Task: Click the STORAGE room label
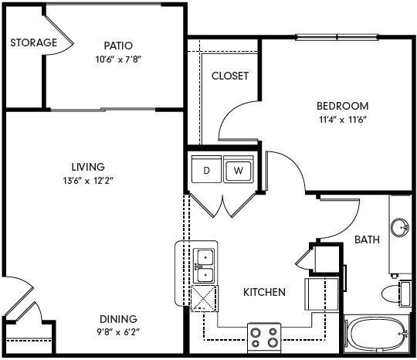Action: pyautogui.click(x=33, y=42)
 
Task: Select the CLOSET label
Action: pyautogui.click(x=230, y=76)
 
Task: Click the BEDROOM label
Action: pyautogui.click(x=342, y=106)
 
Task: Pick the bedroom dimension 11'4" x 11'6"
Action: pyautogui.click(x=342, y=121)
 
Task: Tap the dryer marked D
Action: pyautogui.click(x=206, y=170)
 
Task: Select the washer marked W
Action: pyautogui.click(x=239, y=170)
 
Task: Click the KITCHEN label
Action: pyautogui.click(x=265, y=293)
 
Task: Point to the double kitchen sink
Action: pyautogui.click(x=204, y=266)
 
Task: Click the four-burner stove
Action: pyautogui.click(x=265, y=335)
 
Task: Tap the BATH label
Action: pyautogui.click(x=367, y=239)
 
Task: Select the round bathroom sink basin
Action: pyautogui.click(x=399, y=229)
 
